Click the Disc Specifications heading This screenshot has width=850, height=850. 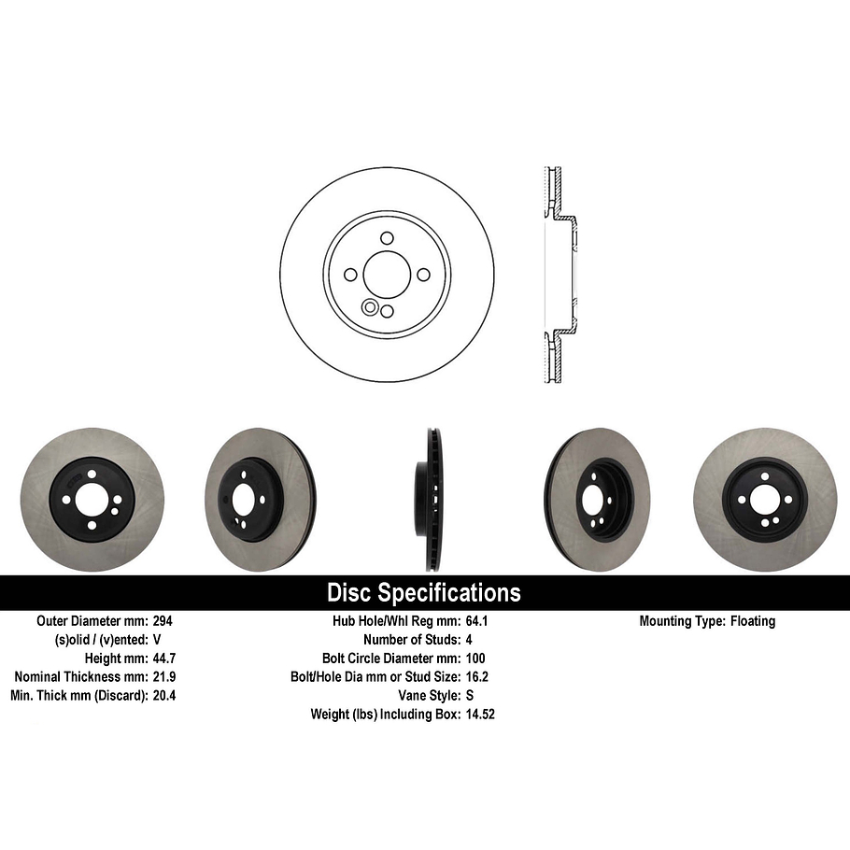click(x=424, y=592)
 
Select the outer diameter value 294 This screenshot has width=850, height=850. click(x=163, y=621)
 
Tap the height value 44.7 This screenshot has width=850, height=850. click(x=164, y=659)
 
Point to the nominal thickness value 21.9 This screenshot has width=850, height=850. click(x=164, y=677)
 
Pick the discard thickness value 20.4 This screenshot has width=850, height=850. click(x=164, y=696)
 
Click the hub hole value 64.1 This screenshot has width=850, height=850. click(x=477, y=621)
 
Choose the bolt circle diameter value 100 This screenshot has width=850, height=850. click(x=475, y=659)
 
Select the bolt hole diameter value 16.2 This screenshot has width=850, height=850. click(x=477, y=677)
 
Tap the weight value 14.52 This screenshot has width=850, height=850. click(x=480, y=715)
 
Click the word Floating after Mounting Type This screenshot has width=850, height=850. click(x=753, y=621)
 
